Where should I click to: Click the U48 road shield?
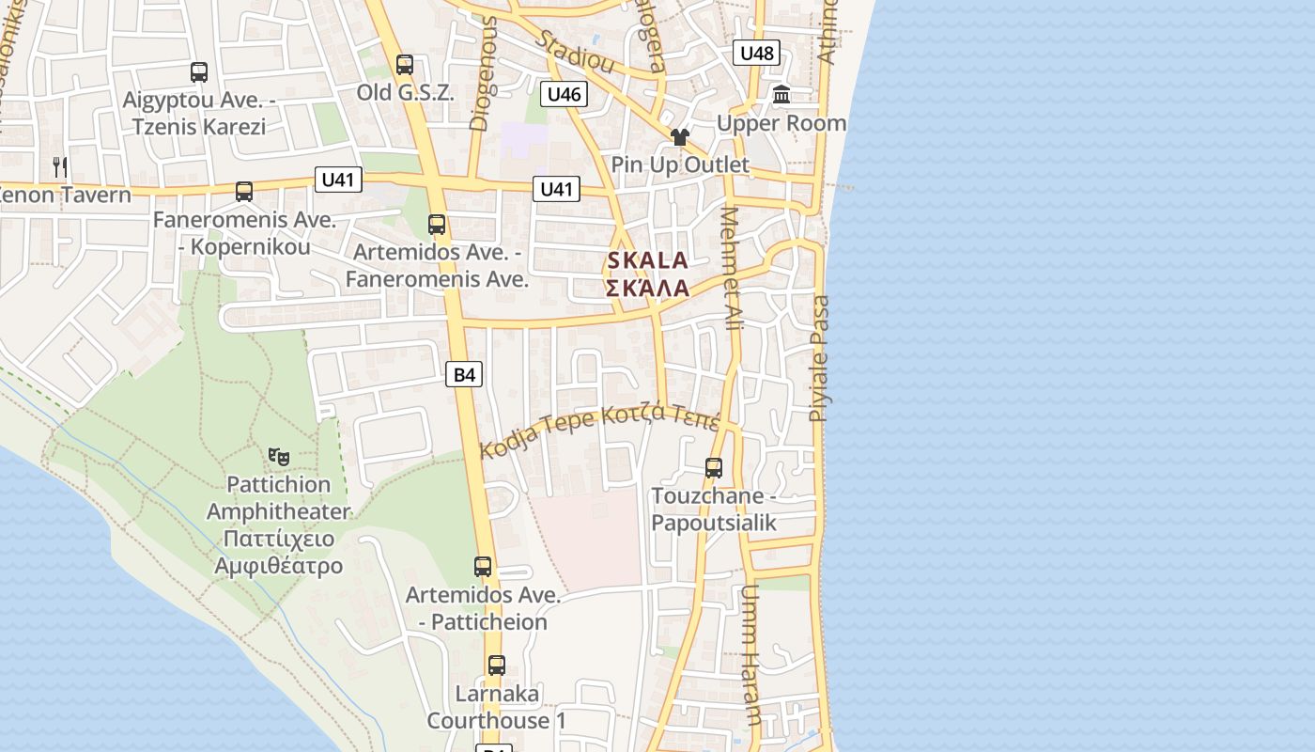coord(757,53)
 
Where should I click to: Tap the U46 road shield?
coord(564,93)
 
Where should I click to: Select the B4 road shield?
coord(464,375)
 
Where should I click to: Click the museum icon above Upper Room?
coord(781,94)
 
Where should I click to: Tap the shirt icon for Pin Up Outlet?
coord(680,137)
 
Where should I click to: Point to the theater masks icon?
coord(278,457)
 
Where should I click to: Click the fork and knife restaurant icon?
coord(60,167)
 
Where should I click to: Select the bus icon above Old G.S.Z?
coord(405,65)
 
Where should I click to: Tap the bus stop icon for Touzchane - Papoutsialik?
coord(714,467)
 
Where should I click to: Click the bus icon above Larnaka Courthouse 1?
coord(497,666)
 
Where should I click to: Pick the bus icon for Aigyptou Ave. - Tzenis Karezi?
coord(199,71)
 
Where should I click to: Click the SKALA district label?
coord(648,260)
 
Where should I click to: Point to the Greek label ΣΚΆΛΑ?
coord(648,288)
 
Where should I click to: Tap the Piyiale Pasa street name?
coord(820,358)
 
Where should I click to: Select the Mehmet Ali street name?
coord(732,268)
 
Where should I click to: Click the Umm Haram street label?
coord(750,655)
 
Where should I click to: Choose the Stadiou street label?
coord(576,52)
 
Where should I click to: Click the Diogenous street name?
coord(482,72)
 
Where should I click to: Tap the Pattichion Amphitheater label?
coord(278,498)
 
